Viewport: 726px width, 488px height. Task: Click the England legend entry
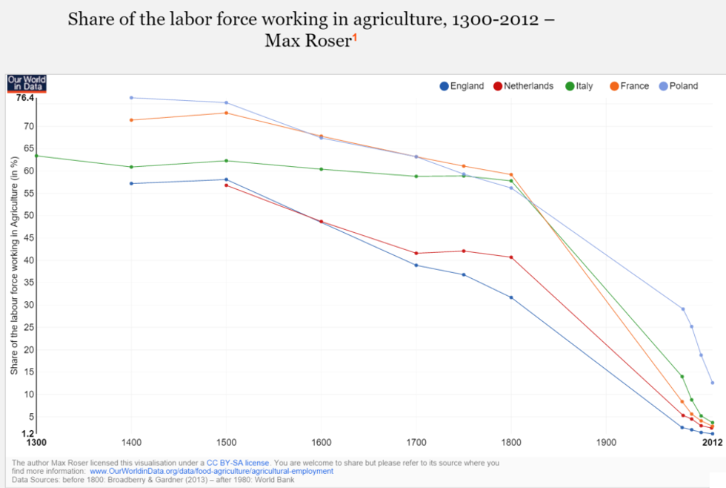coord(462,86)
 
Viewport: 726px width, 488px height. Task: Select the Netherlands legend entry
coord(524,86)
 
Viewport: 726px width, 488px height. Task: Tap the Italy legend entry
coord(579,86)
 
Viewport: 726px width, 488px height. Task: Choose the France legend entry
coord(629,86)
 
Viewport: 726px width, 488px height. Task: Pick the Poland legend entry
coord(678,86)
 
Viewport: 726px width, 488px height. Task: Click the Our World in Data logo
coord(26,83)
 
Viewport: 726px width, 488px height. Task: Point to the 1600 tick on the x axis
coord(321,444)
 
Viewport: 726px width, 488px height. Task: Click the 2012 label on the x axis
coord(712,444)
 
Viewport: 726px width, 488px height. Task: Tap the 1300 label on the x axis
coord(36,444)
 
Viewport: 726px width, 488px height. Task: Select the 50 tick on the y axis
coord(30,216)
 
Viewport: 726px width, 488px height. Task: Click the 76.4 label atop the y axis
coord(25,98)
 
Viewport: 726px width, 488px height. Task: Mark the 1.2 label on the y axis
coord(28,433)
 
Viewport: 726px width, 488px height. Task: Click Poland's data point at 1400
coord(131,98)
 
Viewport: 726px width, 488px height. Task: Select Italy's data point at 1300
coord(36,156)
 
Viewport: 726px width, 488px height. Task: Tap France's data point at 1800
coord(511,174)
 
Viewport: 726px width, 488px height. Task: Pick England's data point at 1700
coord(416,265)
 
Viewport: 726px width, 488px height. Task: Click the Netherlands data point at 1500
coord(227,185)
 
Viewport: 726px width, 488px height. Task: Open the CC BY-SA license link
coord(237,463)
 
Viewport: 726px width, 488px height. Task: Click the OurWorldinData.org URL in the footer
coord(211,471)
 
